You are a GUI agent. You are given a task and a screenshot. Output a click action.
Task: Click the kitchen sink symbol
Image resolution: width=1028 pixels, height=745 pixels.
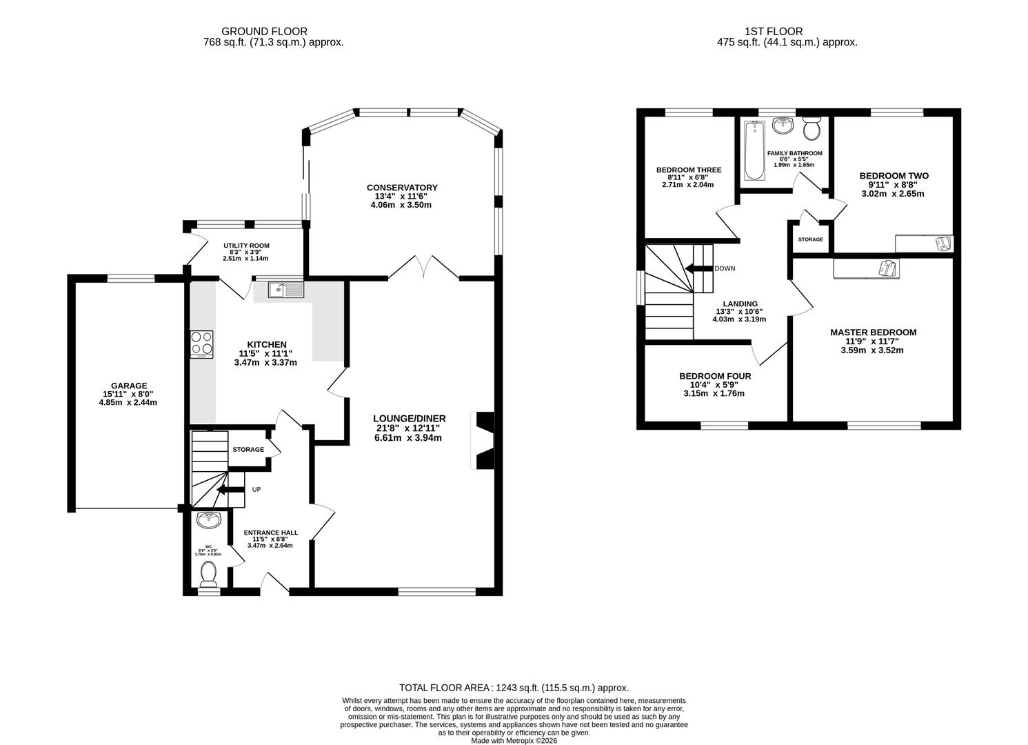(x=285, y=289)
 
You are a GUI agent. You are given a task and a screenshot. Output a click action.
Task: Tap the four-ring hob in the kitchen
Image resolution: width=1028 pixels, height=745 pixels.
(x=201, y=344)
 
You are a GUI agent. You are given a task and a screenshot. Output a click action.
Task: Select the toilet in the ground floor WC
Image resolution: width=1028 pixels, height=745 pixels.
(x=208, y=574)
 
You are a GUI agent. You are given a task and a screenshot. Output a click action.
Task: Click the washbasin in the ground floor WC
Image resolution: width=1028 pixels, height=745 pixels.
(x=208, y=519)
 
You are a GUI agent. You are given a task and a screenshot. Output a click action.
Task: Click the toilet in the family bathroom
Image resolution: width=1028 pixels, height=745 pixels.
(x=812, y=128)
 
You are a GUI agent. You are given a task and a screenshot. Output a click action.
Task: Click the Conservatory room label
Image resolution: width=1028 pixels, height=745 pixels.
(x=402, y=188)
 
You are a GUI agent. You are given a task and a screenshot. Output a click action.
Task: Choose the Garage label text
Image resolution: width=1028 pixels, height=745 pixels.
(x=129, y=386)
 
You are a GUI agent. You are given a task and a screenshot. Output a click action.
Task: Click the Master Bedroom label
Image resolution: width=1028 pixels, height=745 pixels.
(x=873, y=332)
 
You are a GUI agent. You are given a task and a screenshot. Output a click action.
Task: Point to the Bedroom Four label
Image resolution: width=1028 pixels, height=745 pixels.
(x=715, y=376)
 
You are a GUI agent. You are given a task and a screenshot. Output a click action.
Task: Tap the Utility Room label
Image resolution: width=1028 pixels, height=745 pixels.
(x=246, y=246)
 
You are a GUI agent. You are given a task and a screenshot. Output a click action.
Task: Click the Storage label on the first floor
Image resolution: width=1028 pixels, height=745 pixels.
(x=810, y=239)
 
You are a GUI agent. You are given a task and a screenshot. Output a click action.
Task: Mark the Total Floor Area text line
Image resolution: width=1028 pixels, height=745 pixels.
(x=514, y=688)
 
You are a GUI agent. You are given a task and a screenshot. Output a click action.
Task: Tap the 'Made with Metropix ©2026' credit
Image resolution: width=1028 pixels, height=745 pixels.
(x=514, y=740)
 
